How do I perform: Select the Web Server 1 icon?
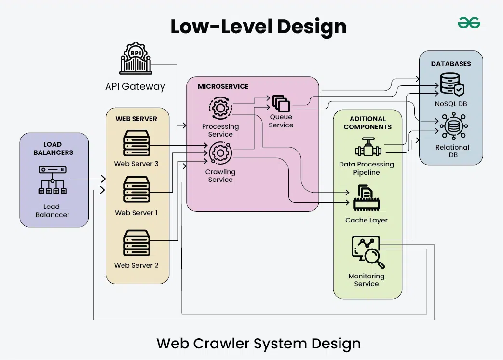tap(136, 190)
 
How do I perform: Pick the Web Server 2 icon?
tap(136, 243)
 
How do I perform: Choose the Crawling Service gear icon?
tap(220, 153)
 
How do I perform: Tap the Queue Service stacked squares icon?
tap(281, 103)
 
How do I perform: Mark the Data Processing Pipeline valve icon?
tap(367, 148)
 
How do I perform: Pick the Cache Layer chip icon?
tap(366, 199)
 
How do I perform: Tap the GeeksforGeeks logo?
tap(469, 22)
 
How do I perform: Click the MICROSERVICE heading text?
tap(223, 86)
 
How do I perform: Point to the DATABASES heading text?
tap(450, 64)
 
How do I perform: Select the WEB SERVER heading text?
tap(136, 119)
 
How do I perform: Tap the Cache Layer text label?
tap(366, 220)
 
